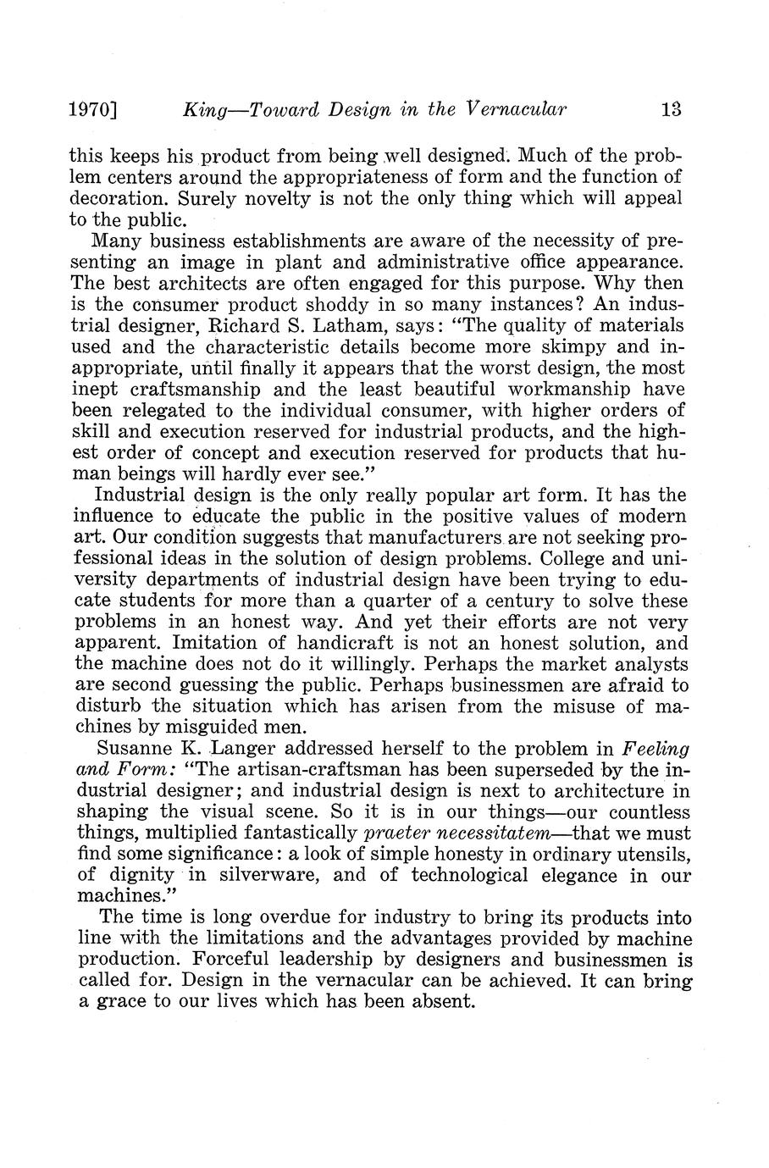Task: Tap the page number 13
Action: click(672, 109)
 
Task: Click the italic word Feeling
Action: click(656, 749)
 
